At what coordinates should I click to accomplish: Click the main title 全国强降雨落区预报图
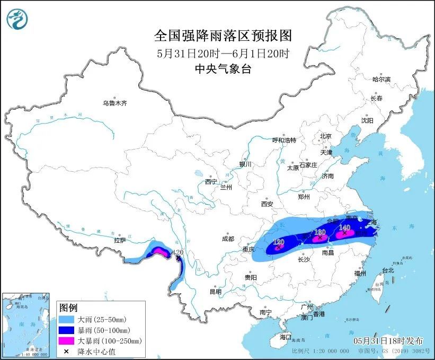tap(223, 36)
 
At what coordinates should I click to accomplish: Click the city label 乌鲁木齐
tap(115, 103)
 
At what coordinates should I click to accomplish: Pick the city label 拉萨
tap(120, 240)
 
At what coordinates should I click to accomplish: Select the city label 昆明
tap(215, 291)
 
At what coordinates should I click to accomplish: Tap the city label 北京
tap(325, 136)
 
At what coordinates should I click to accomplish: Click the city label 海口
tap(286, 337)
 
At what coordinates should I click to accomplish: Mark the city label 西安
tap(266, 204)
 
